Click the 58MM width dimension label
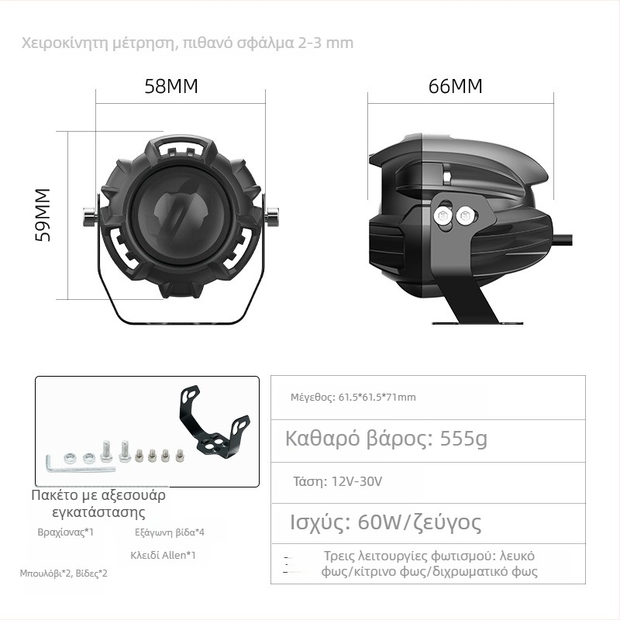(x=171, y=86)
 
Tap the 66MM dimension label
(x=456, y=86)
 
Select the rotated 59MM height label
(x=43, y=215)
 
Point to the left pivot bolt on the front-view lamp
(x=90, y=217)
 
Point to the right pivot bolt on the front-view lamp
(x=272, y=217)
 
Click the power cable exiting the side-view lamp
(x=563, y=239)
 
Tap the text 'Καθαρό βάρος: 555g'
(x=386, y=439)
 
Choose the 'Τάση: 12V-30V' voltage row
(x=337, y=481)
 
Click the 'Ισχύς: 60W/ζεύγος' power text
(x=385, y=522)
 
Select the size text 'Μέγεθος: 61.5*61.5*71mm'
(x=353, y=397)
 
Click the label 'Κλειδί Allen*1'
(x=163, y=555)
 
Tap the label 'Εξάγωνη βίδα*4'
(x=170, y=532)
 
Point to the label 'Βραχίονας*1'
(x=66, y=532)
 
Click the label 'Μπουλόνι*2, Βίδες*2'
(x=64, y=573)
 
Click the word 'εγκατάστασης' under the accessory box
(x=98, y=512)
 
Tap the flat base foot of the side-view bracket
(x=477, y=323)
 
